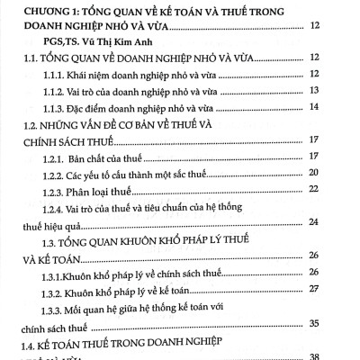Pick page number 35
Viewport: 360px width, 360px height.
tap(340, 322)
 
